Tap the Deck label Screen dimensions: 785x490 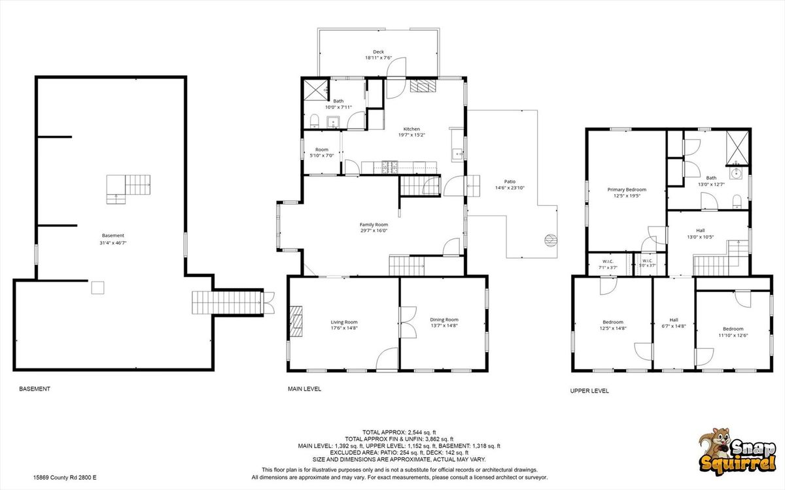[x=378, y=52]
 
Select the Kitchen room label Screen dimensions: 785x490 [x=411, y=129]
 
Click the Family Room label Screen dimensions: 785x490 [x=374, y=225]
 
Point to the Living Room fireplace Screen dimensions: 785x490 [x=296, y=321]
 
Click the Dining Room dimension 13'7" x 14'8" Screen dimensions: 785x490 [x=444, y=325]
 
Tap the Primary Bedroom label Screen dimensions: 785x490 [x=627, y=189]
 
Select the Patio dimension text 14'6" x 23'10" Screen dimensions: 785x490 [x=510, y=188]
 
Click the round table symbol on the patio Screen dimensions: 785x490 [x=551, y=240]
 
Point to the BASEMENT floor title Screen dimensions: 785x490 [x=35, y=389]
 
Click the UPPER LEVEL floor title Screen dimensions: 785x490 [x=589, y=391]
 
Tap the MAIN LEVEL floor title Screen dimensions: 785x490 [x=305, y=389]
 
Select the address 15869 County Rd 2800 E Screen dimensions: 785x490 [x=65, y=478]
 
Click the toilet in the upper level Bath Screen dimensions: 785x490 [x=737, y=202]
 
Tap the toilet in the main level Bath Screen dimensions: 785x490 [x=315, y=121]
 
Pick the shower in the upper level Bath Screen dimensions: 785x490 [x=737, y=148]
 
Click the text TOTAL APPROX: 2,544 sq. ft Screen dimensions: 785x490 [x=399, y=433]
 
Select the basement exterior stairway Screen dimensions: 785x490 [x=228, y=302]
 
